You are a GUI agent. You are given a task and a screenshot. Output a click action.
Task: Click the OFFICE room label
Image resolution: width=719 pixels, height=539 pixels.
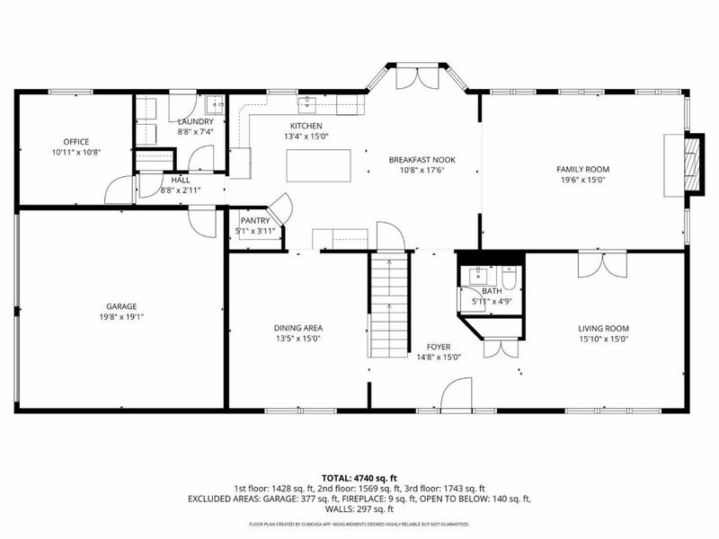click(x=75, y=141)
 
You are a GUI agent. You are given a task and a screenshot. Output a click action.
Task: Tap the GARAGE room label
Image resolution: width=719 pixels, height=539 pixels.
click(x=121, y=305)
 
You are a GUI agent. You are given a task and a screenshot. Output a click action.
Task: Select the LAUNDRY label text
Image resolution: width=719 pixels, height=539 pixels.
click(x=195, y=121)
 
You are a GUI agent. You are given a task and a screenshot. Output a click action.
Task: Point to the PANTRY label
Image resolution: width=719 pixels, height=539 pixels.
click(x=254, y=220)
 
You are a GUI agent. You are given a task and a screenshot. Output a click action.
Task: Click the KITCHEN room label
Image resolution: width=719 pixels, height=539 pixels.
click(x=306, y=126)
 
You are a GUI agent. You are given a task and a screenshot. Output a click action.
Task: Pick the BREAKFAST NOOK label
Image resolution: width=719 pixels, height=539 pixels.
click(x=422, y=160)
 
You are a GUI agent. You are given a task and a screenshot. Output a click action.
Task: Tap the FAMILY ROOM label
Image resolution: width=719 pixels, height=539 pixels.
click(x=582, y=169)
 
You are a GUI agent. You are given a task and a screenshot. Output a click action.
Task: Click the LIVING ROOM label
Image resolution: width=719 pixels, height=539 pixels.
click(x=603, y=328)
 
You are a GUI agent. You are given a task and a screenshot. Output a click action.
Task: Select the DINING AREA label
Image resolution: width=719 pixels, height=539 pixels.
click(x=298, y=328)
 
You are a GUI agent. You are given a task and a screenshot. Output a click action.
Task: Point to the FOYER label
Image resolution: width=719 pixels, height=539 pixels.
click(x=439, y=346)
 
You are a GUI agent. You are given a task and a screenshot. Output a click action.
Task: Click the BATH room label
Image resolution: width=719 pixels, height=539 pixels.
click(x=492, y=291)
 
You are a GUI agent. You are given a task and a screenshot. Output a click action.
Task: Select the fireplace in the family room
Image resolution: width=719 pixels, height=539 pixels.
click(x=689, y=163)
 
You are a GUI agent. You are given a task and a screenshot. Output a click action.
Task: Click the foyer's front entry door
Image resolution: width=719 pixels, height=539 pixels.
click(x=457, y=395)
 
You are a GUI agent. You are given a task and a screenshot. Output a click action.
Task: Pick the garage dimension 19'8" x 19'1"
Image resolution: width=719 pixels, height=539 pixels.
click(x=121, y=316)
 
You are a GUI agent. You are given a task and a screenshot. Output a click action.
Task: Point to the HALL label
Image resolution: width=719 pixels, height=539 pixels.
click(x=180, y=180)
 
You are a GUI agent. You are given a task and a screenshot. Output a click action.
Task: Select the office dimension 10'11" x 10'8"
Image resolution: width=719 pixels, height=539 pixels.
click(x=75, y=152)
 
